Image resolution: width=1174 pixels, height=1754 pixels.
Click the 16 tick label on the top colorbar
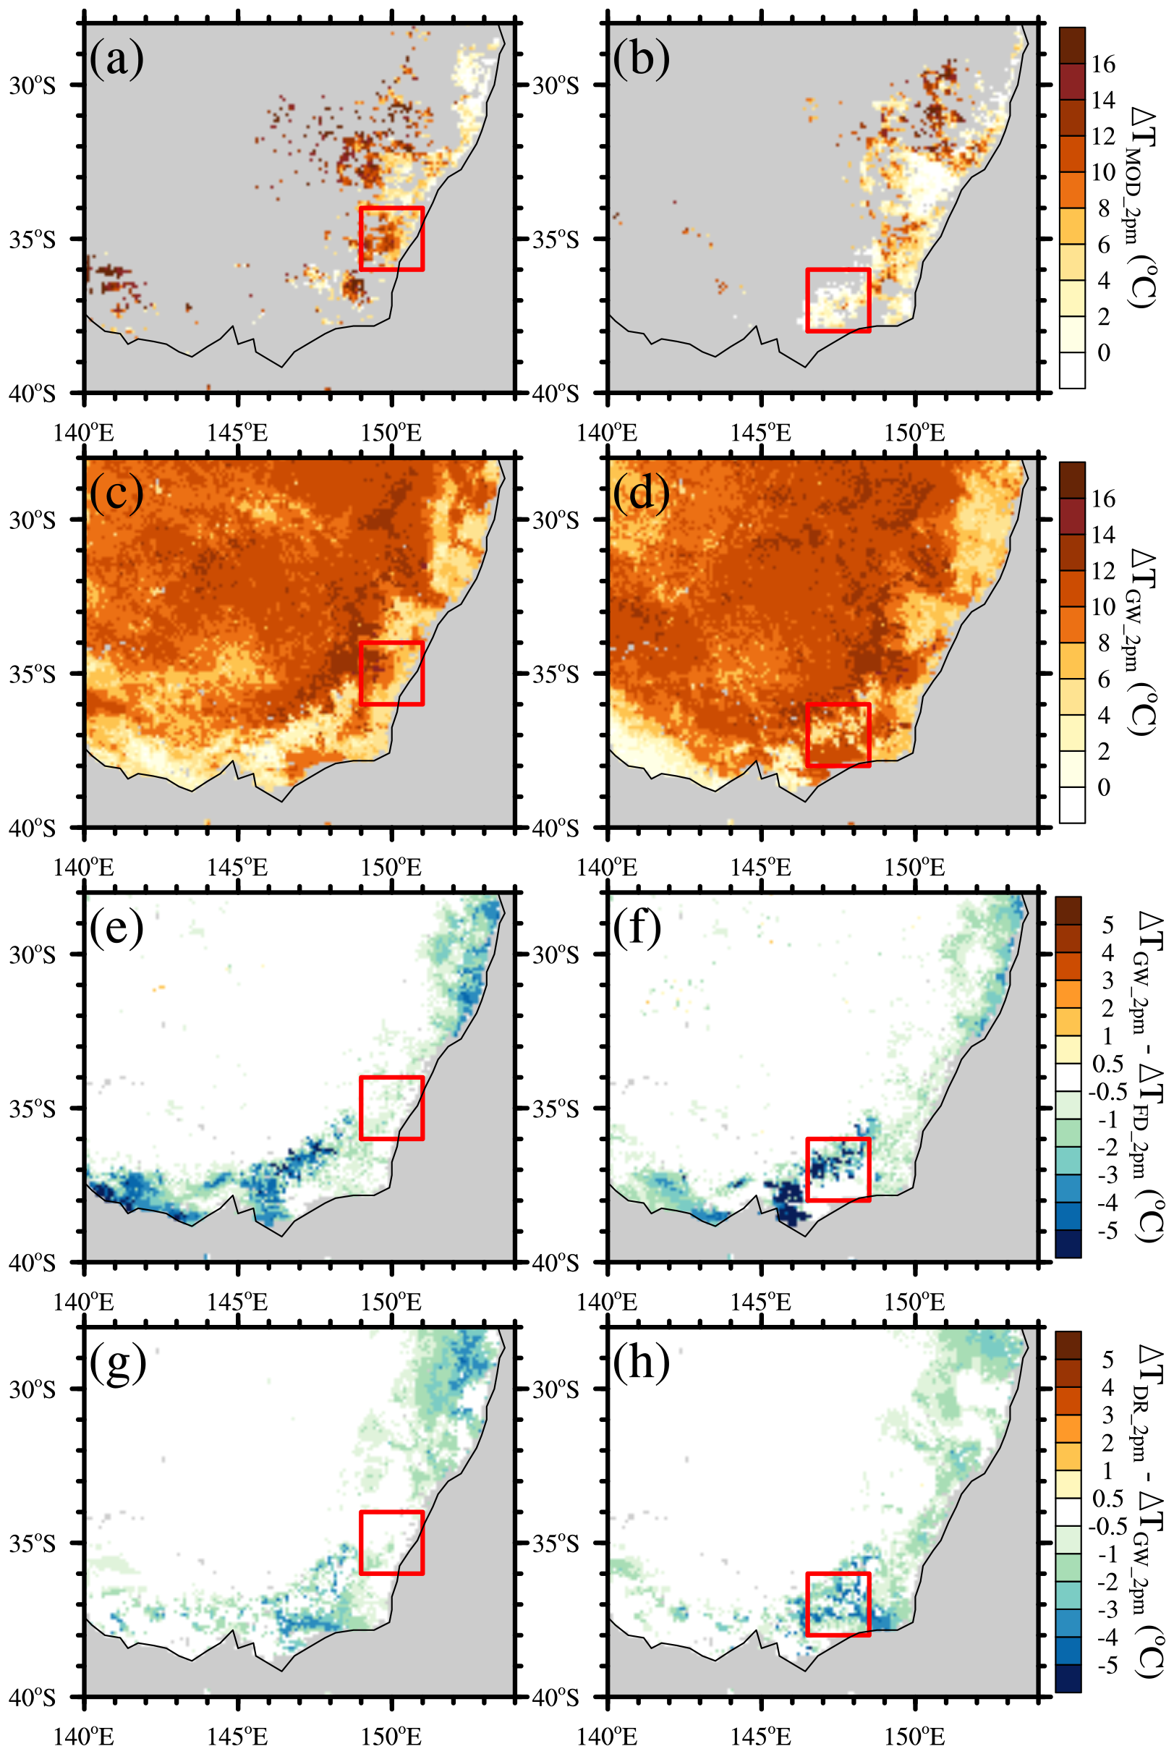[1103, 64]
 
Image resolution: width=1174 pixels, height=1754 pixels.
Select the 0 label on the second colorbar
[1103, 787]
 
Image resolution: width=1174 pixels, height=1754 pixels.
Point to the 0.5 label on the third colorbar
[1107, 1064]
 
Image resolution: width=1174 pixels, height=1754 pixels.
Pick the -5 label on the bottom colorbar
[1106, 1666]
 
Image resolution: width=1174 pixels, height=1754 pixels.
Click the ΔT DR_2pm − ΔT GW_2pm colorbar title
[1147, 1505]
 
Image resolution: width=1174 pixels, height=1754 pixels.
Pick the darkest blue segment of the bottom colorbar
[1068, 1678]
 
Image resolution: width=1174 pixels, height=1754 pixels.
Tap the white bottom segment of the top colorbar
[1072, 370]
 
